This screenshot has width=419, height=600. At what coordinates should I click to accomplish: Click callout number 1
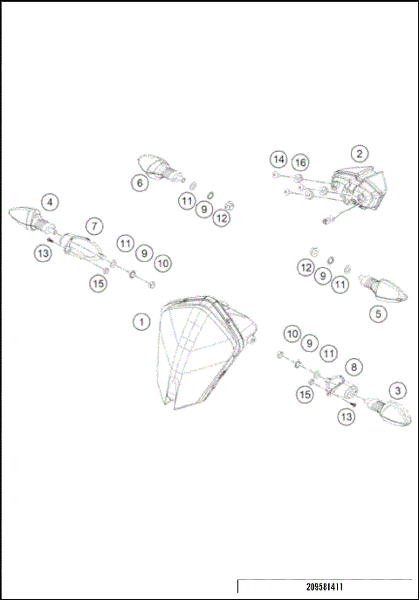140,321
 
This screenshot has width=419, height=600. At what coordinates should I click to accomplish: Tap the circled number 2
360,154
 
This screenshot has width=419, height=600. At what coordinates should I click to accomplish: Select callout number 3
397,390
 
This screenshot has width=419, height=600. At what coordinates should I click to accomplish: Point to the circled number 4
51,202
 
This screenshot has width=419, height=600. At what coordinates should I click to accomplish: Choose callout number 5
377,312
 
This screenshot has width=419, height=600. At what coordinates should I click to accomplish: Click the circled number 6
139,183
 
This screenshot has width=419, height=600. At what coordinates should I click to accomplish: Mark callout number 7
93,226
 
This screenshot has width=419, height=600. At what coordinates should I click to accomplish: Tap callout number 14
278,160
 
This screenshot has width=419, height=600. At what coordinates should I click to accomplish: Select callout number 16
300,162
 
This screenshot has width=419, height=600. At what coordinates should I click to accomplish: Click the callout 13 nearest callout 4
42,253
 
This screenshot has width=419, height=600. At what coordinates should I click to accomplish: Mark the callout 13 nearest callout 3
347,417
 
